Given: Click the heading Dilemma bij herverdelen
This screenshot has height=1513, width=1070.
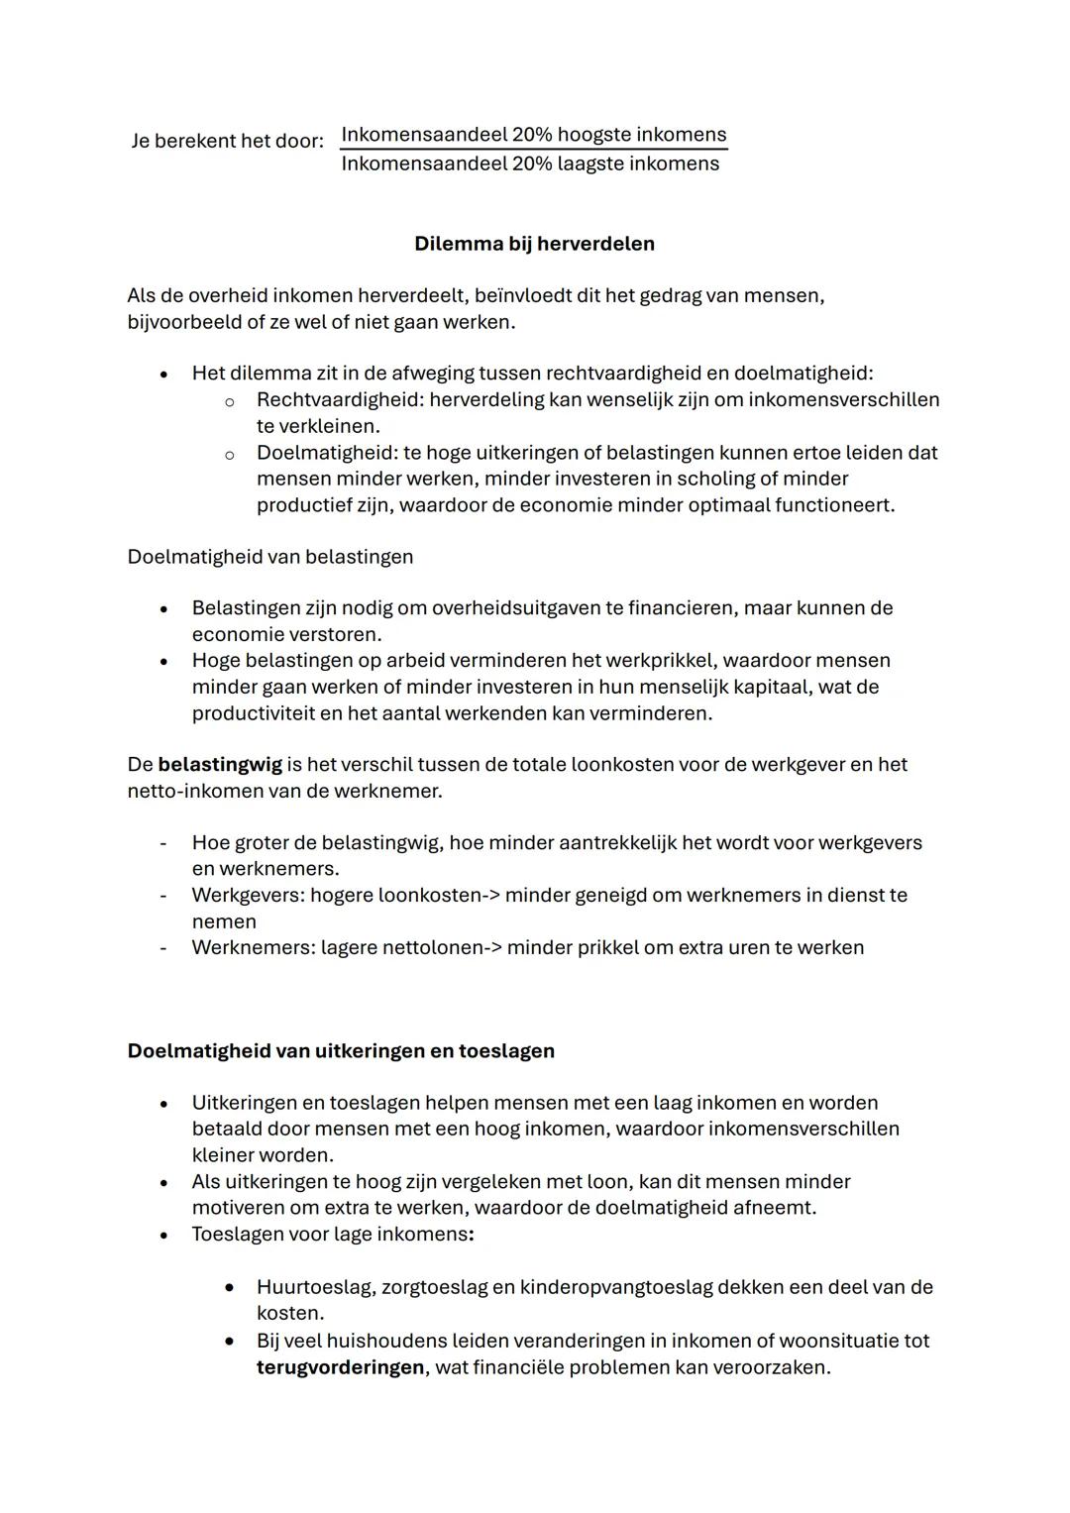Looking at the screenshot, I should (534, 244).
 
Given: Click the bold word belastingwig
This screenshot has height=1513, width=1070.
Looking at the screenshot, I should (220, 765).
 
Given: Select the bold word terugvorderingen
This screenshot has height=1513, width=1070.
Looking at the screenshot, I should (340, 1367).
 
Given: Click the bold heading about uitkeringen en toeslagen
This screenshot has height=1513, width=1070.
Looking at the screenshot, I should (341, 1051).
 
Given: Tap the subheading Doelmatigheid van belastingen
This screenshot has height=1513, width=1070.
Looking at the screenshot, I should (270, 557).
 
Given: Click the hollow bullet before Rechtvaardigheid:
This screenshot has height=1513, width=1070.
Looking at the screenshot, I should (229, 401).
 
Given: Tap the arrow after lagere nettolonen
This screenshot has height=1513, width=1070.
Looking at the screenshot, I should (491, 948).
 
